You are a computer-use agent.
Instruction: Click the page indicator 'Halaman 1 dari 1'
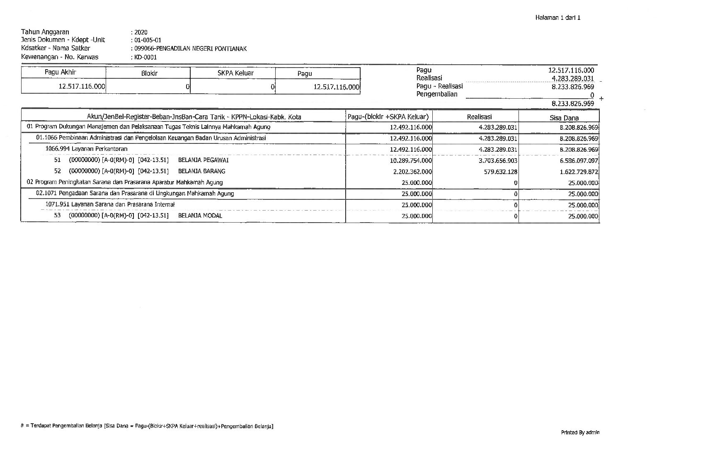pos(557,18)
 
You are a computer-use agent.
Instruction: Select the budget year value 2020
pos(141,32)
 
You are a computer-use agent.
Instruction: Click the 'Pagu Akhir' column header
pos(61,73)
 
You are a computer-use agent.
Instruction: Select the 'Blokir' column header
pos(149,73)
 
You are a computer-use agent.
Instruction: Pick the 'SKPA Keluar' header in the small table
pos(235,73)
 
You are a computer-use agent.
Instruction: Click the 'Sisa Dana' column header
pos(564,118)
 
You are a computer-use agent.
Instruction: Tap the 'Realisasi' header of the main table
pos(479,117)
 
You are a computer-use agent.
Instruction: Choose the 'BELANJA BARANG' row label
pos(201,171)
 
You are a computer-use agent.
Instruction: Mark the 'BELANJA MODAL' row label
pos(200,216)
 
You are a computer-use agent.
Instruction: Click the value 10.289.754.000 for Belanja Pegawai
pos(411,161)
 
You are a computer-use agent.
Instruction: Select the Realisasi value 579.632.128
pos(500,172)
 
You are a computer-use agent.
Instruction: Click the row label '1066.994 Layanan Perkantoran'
pos(86,149)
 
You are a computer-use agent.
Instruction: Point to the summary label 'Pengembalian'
pos(437,95)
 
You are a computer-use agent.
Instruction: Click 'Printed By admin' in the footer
pos(580,433)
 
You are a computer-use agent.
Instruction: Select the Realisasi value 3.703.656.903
pos(498,161)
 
